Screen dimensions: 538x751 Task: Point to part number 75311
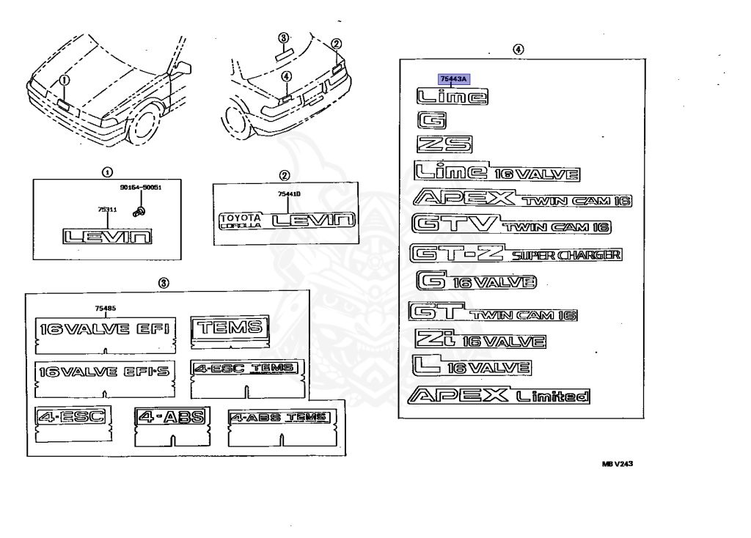107,210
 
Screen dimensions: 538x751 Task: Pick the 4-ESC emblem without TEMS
70,419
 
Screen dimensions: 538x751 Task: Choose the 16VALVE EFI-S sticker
103,372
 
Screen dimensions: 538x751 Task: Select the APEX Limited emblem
502,397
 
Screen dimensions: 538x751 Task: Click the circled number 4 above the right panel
519,49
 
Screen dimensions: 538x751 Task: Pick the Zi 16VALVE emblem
480,339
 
